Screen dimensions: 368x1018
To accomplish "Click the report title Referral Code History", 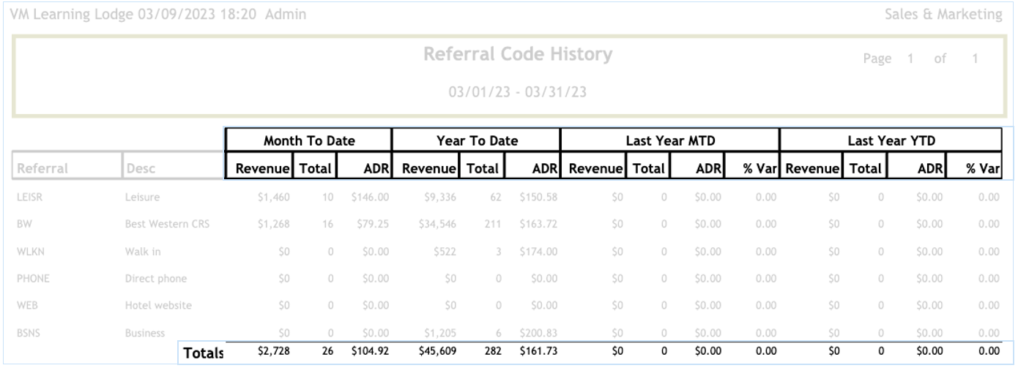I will [x=518, y=54].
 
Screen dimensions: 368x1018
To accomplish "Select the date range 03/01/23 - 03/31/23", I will [x=518, y=92].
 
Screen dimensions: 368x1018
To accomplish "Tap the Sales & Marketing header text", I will [x=943, y=15].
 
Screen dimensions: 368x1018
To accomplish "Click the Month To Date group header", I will [x=308, y=140].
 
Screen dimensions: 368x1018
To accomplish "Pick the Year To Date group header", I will [x=476, y=140].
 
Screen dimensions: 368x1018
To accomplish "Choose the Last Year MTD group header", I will [x=670, y=140].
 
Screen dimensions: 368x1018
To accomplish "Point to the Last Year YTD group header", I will [x=891, y=140].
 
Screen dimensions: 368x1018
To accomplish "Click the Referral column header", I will [x=42, y=169].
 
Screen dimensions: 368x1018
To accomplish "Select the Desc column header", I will [x=140, y=169].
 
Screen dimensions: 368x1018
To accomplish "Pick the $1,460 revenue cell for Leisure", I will [x=274, y=197].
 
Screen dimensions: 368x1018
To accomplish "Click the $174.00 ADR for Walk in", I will [x=538, y=251].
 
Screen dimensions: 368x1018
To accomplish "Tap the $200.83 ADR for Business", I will [x=538, y=333].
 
